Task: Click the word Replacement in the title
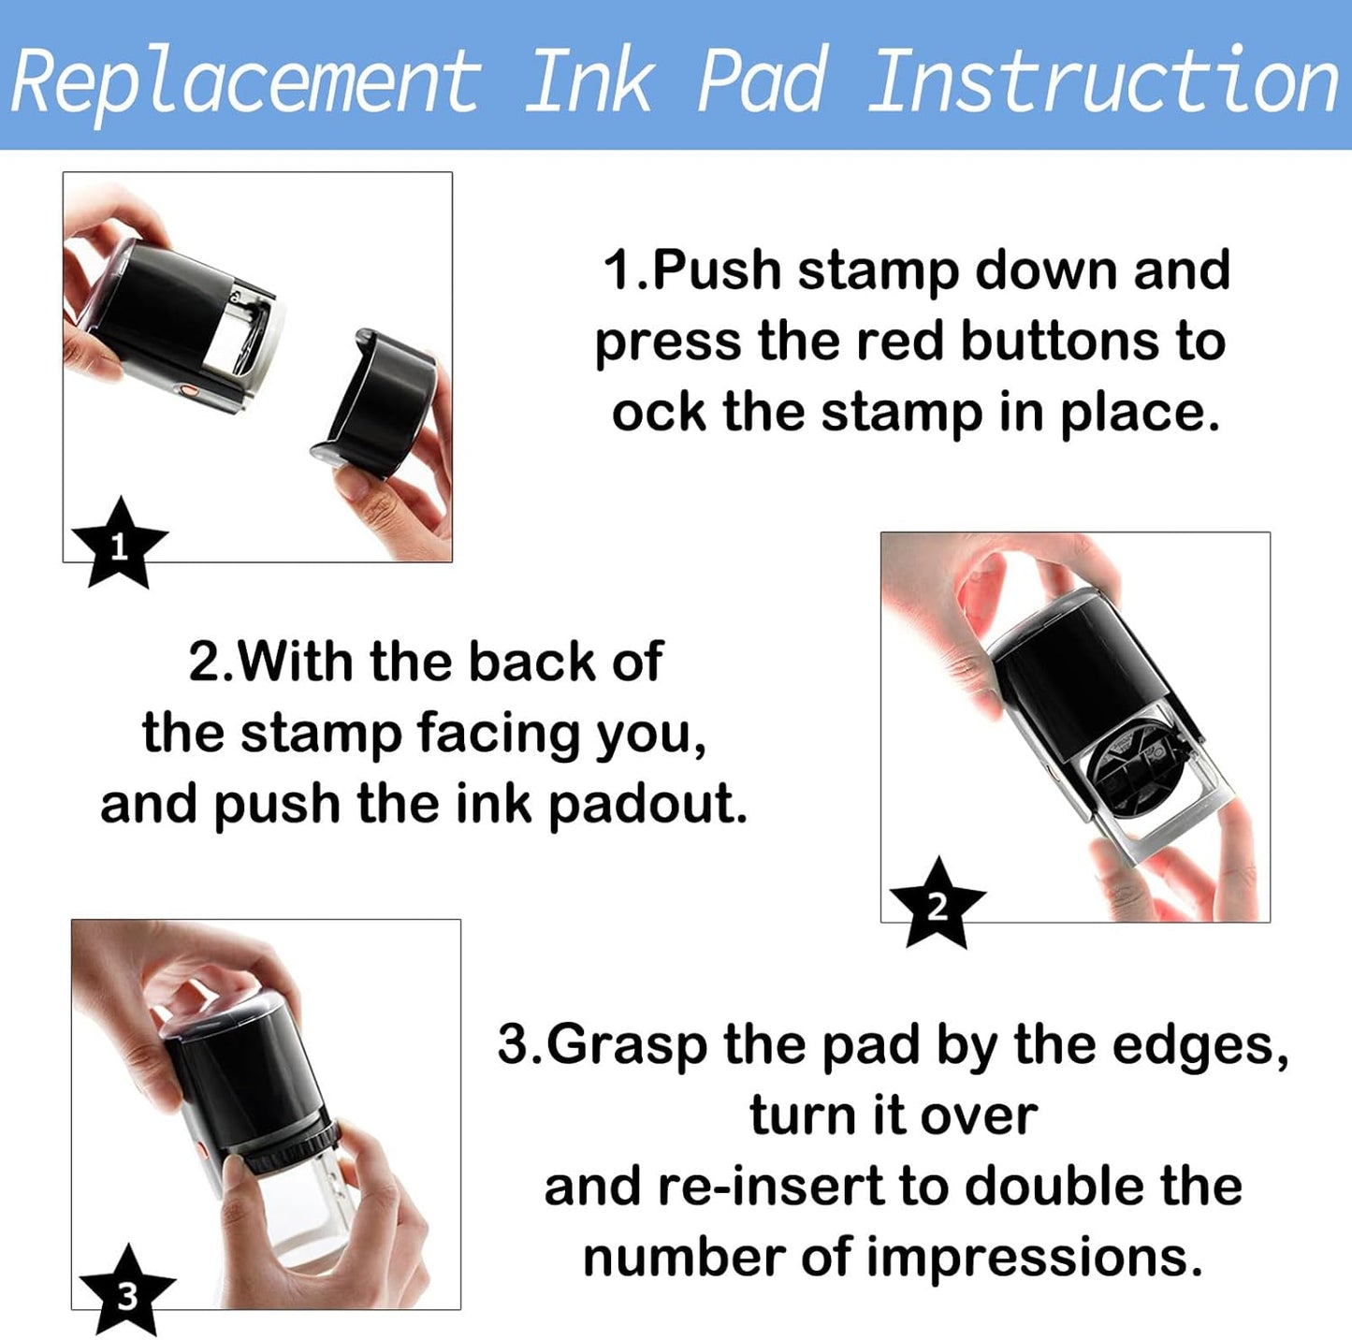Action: (x=245, y=82)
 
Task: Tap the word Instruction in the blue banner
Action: (x=1104, y=82)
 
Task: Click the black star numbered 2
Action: (x=937, y=904)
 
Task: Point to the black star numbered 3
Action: (x=127, y=1291)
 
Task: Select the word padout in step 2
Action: (x=647, y=804)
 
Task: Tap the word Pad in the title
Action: (x=762, y=82)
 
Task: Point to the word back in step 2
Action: (x=531, y=663)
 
